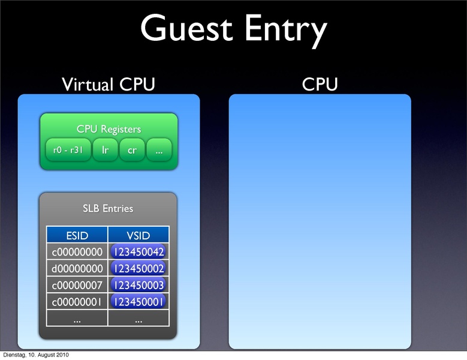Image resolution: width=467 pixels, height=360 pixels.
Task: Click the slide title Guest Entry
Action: pyautogui.click(x=234, y=30)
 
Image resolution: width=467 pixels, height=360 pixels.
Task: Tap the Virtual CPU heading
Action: pyautogui.click(x=109, y=85)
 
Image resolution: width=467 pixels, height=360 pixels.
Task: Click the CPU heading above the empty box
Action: pyautogui.click(x=320, y=85)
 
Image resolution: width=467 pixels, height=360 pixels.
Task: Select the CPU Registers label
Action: pyautogui.click(x=109, y=129)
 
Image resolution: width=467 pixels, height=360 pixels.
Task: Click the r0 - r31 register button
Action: pyautogui.click(x=68, y=151)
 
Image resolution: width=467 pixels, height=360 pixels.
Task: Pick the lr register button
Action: pyautogui.click(x=106, y=151)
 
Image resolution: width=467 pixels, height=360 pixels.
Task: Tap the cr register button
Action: pyautogui.click(x=132, y=151)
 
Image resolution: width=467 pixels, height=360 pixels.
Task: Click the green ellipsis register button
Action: pyautogui.click(x=159, y=151)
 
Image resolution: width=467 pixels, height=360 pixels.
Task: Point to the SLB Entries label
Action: pyautogui.click(x=108, y=209)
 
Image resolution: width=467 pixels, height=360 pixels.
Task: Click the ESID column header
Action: pyautogui.click(x=77, y=235)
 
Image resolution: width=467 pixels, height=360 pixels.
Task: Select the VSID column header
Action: pyautogui.click(x=138, y=235)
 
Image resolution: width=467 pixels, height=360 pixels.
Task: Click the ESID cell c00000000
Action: pyautogui.click(x=77, y=251)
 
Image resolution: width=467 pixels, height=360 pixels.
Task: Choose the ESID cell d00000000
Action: pyautogui.click(x=77, y=268)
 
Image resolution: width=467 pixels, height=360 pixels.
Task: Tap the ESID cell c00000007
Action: pyautogui.click(x=77, y=284)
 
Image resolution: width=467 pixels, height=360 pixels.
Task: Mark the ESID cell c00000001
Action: pyautogui.click(x=77, y=301)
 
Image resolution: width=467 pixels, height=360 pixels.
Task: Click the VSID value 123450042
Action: pyautogui.click(x=138, y=251)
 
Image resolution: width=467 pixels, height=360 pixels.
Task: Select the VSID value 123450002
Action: pyautogui.click(x=138, y=268)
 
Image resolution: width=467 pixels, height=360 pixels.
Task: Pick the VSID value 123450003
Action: pyautogui.click(x=138, y=284)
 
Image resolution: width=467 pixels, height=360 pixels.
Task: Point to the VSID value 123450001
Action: pyautogui.click(x=138, y=301)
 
